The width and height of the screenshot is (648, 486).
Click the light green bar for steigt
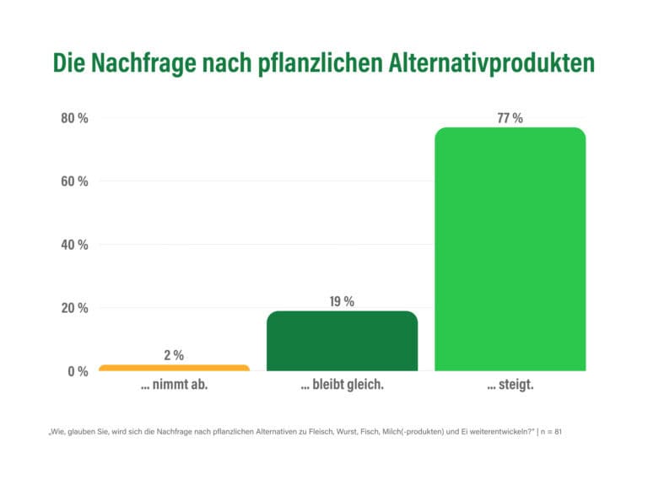[x=510, y=249]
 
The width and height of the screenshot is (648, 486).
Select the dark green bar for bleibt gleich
[x=342, y=341]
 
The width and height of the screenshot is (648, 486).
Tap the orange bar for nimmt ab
[x=174, y=368]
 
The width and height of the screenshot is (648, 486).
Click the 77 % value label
[x=510, y=118]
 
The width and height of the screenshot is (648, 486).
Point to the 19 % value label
[x=342, y=301]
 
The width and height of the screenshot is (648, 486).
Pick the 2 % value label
[x=174, y=355]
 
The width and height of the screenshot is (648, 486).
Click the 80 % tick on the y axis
[x=74, y=118]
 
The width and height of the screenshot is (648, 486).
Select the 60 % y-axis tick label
[x=74, y=181]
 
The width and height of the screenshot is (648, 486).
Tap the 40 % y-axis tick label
[x=74, y=245]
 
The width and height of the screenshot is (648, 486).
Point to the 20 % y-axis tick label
[x=74, y=308]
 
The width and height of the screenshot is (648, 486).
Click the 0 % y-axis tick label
[x=78, y=371]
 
